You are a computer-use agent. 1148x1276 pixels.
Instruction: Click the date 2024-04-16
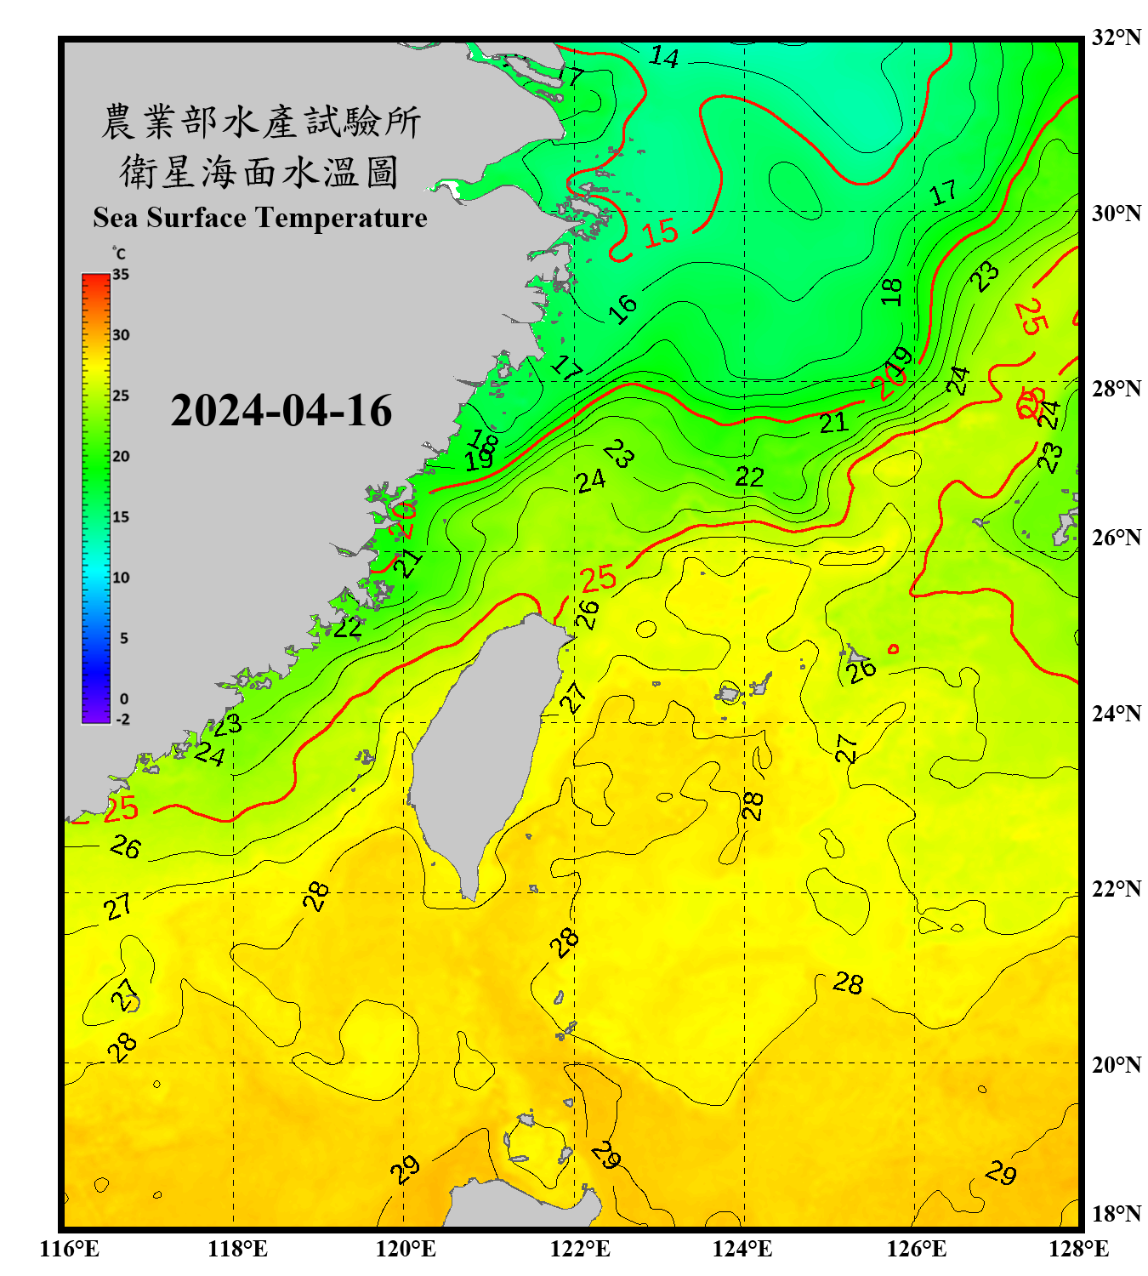point(281,411)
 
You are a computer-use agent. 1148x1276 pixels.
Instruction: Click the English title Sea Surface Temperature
point(260,218)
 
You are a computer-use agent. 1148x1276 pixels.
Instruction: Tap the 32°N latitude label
point(1116,37)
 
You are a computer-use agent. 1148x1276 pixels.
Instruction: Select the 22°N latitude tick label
point(1116,889)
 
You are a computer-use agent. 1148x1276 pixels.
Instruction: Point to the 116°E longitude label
point(70,1249)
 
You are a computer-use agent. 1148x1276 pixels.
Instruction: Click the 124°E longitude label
point(742,1249)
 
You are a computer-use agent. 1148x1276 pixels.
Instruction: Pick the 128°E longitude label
point(1078,1249)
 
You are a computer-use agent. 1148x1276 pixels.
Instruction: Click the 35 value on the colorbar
point(121,275)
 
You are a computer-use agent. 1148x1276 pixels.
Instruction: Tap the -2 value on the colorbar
point(122,720)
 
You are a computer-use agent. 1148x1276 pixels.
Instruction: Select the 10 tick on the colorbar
point(121,578)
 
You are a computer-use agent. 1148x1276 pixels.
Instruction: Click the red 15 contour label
point(660,232)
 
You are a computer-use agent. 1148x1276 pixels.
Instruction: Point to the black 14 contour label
point(664,57)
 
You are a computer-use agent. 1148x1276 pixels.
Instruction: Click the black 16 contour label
point(623,308)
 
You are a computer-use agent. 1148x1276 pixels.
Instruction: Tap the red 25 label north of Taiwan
point(598,578)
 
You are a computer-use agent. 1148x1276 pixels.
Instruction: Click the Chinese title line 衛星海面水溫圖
point(259,172)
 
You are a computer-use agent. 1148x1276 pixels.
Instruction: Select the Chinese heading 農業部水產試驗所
point(260,122)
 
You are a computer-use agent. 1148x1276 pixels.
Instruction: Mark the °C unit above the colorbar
point(119,253)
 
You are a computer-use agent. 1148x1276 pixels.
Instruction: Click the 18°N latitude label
point(1116,1214)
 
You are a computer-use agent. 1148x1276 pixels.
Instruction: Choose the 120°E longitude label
point(406,1249)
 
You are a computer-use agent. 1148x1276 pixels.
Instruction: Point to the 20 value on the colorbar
point(121,457)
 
